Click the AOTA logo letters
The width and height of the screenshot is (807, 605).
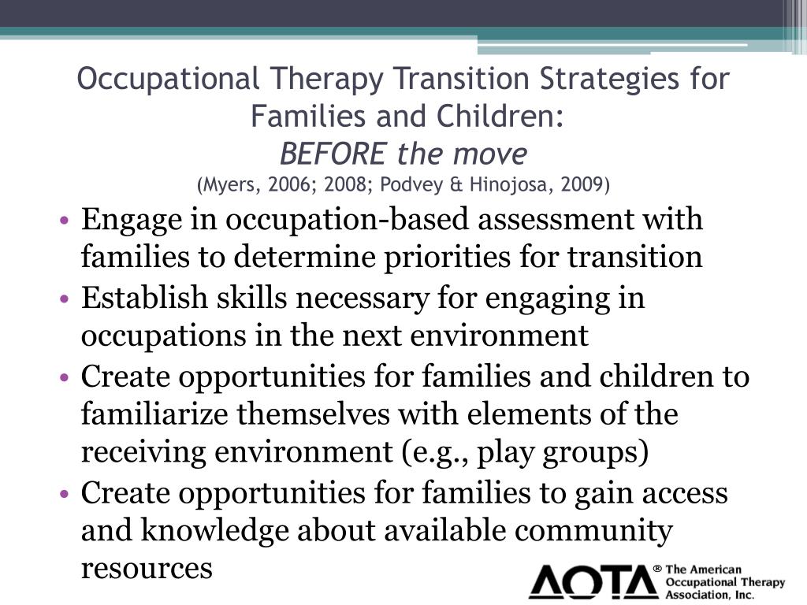click(x=592, y=582)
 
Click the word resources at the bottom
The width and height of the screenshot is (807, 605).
click(x=147, y=569)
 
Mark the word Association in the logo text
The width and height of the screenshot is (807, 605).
click(x=697, y=595)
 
